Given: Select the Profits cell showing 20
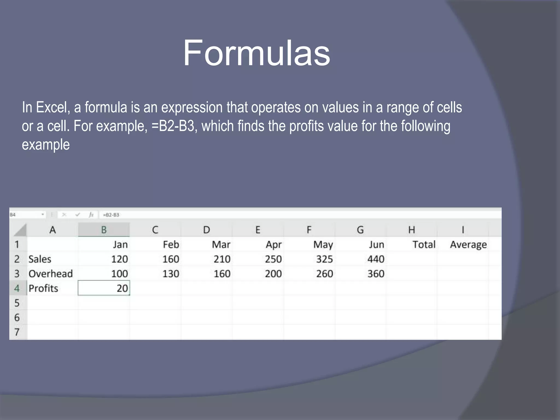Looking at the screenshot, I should pyautogui.click(x=104, y=288).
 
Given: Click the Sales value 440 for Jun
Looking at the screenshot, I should pyautogui.click(x=376, y=259).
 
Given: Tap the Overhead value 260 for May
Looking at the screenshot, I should pyautogui.click(x=324, y=274).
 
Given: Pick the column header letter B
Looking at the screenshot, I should pyautogui.click(x=104, y=230).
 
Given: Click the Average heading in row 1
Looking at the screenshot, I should pyautogui.click(x=468, y=244).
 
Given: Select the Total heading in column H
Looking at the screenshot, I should pyautogui.click(x=424, y=244).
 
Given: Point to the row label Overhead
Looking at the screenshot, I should pyautogui.click(x=51, y=274).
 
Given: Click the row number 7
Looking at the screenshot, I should pyautogui.click(x=17, y=332).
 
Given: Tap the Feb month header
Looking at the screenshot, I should pyautogui.click(x=171, y=244).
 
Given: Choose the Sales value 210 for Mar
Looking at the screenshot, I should pyautogui.click(x=222, y=259).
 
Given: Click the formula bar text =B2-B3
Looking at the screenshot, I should pyautogui.click(x=111, y=215).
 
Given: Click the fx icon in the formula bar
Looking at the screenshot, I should pyautogui.click(x=91, y=215).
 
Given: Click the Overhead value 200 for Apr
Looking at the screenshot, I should pyautogui.click(x=273, y=274).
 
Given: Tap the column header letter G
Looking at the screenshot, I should pyautogui.click(x=360, y=230).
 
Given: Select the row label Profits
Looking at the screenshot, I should pyautogui.click(x=43, y=288).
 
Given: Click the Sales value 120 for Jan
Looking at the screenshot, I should pyautogui.click(x=119, y=259).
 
